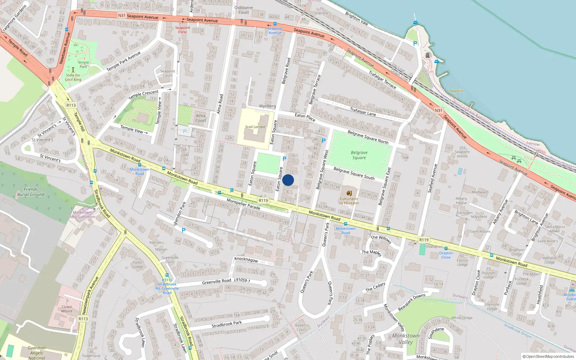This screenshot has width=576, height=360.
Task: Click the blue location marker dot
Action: (x=288, y=180)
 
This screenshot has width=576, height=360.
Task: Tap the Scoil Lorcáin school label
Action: (x=255, y=127)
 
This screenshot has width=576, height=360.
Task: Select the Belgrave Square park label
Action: (x=359, y=155)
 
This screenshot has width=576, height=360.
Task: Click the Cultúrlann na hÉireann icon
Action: (x=349, y=193)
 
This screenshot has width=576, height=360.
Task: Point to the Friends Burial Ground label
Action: (x=31, y=192)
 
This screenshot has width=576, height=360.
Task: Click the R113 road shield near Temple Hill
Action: (x=71, y=105)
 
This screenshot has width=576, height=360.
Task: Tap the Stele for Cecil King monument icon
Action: (x=73, y=69)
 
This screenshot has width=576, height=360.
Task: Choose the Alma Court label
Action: (x=201, y=118)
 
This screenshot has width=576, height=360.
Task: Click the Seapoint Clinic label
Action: (x=183, y=30)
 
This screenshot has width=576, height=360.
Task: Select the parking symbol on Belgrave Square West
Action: (x=323, y=141)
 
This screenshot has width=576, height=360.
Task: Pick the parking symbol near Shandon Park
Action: (x=184, y=230)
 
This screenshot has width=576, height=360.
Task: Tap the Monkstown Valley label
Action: (x=406, y=339)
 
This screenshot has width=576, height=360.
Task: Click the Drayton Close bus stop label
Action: (x=446, y=255)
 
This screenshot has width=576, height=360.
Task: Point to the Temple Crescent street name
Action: (x=143, y=95)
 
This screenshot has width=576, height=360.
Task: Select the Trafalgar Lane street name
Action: (x=363, y=112)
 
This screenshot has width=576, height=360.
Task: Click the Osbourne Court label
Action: (x=244, y=10)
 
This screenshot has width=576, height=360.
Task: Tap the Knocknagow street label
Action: (x=246, y=259)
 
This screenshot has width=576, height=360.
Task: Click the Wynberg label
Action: (x=267, y=106)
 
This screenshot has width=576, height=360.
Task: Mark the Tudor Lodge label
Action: (x=138, y=265)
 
